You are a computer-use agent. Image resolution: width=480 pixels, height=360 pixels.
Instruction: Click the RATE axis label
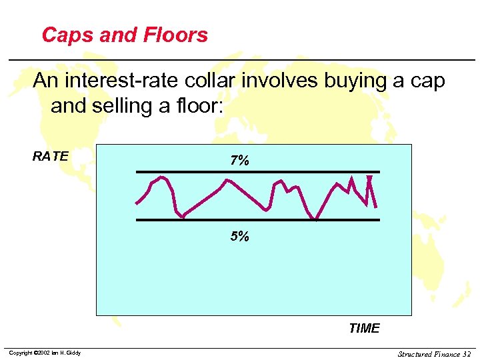tap(50, 157)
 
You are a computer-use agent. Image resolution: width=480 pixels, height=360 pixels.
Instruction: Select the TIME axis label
tap(364, 328)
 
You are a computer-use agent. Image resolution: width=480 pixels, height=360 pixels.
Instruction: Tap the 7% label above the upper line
tap(239, 161)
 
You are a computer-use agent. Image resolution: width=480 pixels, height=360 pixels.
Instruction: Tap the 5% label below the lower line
tap(239, 236)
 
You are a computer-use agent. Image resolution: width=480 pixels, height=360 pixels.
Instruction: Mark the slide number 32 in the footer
tap(466, 353)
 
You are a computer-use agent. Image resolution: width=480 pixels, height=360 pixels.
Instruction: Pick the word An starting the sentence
tap(45, 81)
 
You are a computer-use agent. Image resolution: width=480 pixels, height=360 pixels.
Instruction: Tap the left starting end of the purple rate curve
tap(136, 203)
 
